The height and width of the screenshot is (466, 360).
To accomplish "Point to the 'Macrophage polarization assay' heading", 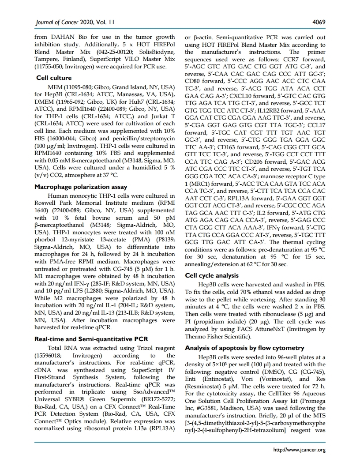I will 77,186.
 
